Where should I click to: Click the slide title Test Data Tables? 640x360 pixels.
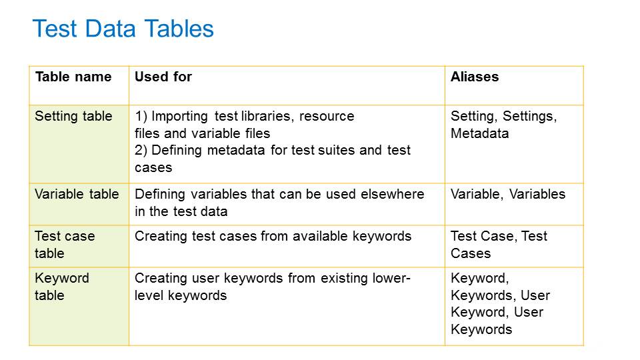click(123, 29)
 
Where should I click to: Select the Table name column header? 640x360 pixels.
click(73, 77)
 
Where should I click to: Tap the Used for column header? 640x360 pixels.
click(163, 77)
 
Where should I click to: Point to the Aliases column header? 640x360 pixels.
click(475, 77)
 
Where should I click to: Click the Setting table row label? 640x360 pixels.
click(73, 116)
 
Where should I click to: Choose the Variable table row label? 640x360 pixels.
click(77, 194)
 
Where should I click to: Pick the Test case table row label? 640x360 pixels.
click(65, 245)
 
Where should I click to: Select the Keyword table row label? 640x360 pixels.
click(62, 287)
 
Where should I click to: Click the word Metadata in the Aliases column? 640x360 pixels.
click(479, 133)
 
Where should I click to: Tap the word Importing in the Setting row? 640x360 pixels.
click(179, 116)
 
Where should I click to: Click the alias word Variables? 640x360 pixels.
click(537, 194)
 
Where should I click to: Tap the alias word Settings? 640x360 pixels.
click(530, 116)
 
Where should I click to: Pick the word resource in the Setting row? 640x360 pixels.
click(327, 116)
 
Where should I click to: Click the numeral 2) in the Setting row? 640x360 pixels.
click(141, 150)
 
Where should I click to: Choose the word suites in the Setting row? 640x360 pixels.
click(337, 150)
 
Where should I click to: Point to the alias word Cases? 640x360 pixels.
click(471, 253)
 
